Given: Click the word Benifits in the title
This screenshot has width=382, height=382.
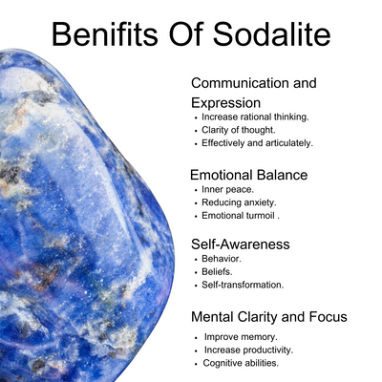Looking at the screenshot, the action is [x=105, y=33].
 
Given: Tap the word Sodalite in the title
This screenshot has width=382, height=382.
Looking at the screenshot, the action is [x=272, y=33].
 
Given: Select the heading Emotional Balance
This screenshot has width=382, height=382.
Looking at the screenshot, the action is [x=249, y=175].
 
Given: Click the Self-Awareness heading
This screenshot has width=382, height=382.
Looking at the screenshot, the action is [x=241, y=244].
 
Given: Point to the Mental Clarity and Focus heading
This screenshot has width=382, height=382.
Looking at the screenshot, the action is [x=269, y=317].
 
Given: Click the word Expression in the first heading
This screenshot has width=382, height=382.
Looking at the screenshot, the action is [x=225, y=103].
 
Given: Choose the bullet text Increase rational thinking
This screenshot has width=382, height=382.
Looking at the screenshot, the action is [x=255, y=117].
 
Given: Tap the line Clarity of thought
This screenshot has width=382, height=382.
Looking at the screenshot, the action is [x=239, y=130].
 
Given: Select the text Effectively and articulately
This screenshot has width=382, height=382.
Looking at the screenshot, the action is [x=257, y=143].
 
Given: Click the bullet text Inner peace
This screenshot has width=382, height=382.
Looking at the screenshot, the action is [x=227, y=190].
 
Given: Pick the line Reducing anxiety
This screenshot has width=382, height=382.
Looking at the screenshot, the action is [x=239, y=202].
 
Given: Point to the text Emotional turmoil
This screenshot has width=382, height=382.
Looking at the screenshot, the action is [x=241, y=216].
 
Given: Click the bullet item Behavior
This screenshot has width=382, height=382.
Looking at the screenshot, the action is [x=222, y=259].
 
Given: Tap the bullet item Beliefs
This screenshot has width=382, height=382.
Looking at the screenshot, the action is [x=217, y=272].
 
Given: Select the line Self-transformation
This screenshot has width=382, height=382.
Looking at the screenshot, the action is [x=243, y=285].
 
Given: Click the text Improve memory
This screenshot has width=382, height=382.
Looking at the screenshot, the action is [x=241, y=337].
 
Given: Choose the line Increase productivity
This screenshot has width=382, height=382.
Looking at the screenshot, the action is [x=248, y=350].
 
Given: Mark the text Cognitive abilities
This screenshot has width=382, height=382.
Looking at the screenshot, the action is [x=241, y=363].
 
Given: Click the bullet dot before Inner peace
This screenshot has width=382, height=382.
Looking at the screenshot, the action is [x=196, y=190].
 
